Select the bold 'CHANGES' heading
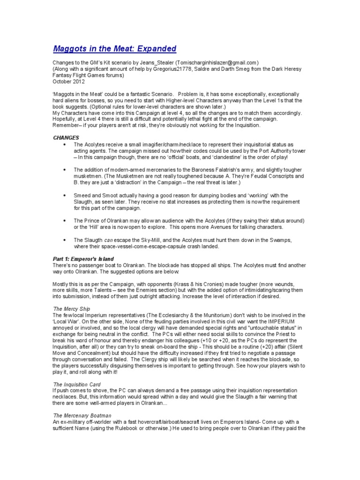(x=66, y=138)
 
